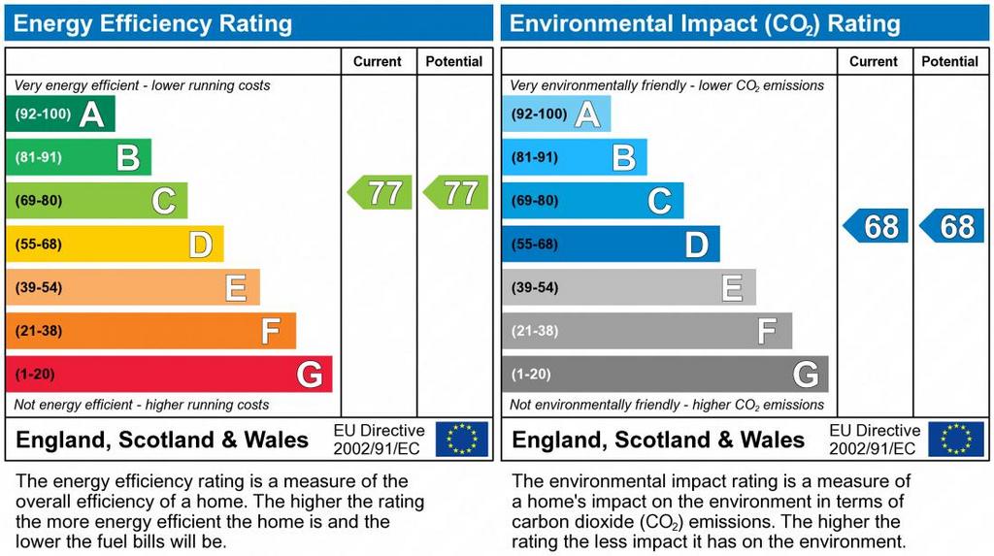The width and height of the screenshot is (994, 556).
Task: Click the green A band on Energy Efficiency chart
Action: tap(60, 114)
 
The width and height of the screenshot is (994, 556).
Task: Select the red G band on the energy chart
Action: tap(169, 375)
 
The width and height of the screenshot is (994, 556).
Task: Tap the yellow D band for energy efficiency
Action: tap(115, 245)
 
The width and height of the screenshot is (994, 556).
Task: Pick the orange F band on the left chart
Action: tap(150, 331)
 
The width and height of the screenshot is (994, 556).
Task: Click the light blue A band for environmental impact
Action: tap(556, 114)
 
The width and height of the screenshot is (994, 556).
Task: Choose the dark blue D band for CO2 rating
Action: tap(611, 245)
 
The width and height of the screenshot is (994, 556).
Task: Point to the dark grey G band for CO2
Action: tap(665, 375)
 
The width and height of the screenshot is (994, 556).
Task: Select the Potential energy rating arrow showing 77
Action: tap(456, 192)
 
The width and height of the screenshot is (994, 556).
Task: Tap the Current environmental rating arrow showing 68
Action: tap(877, 226)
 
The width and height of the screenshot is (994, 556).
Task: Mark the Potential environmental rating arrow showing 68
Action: tap(952, 226)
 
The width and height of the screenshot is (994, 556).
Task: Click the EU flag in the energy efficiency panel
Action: tap(462, 439)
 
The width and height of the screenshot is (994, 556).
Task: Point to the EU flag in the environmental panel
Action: tap(956, 439)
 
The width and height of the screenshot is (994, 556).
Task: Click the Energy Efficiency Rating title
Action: tap(152, 23)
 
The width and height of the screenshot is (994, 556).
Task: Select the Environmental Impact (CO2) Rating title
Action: tap(705, 23)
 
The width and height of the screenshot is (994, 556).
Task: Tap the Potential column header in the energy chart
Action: tap(454, 61)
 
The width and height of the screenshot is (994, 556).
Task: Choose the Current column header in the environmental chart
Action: tap(874, 61)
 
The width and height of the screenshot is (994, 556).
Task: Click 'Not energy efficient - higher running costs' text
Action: tap(142, 405)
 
